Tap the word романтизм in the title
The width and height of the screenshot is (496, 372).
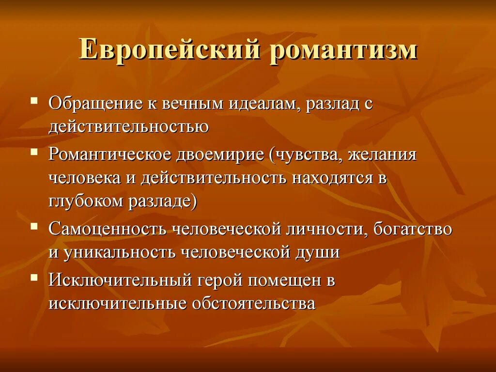[343, 50]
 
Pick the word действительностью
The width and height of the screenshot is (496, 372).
[129, 126]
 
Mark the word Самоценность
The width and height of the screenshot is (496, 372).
[107, 229]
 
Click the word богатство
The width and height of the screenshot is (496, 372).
[412, 229]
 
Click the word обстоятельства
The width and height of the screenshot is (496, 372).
[254, 303]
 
